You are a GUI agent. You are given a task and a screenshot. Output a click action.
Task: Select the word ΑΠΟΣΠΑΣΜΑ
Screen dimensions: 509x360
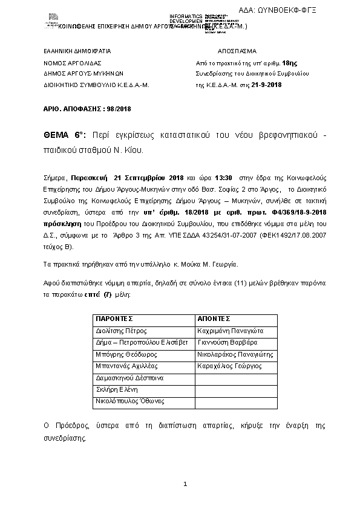[237, 51]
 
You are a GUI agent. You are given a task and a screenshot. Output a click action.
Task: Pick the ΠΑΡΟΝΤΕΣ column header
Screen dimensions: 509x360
[114, 318]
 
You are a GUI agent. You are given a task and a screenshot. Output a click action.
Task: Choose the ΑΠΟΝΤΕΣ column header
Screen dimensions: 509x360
[214, 318]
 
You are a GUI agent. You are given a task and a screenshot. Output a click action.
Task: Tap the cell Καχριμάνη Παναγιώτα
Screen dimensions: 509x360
[227, 331]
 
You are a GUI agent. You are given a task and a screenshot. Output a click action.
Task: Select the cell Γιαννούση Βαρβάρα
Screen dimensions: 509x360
[224, 342]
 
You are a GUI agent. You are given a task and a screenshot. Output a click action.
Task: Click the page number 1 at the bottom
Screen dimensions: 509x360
[185, 484]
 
